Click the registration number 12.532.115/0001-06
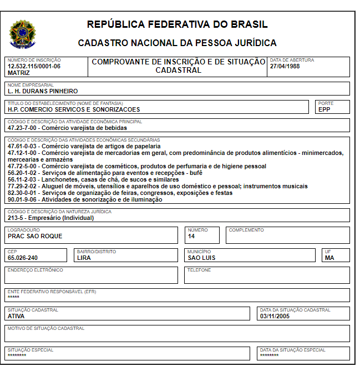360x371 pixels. pyautogui.click(x=34, y=66)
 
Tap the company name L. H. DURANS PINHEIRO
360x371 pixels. pyautogui.click(x=43, y=91)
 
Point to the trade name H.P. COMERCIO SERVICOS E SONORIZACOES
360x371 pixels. pyautogui.click(x=74, y=109)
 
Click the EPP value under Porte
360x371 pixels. pyautogui.click(x=324, y=109)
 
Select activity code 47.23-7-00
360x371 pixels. pyautogui.click(x=23, y=128)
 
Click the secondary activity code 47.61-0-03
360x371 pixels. pyautogui.click(x=23, y=146)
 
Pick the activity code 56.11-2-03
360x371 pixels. pyautogui.click(x=23, y=179)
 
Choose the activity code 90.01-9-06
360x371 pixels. pyautogui.click(x=23, y=199)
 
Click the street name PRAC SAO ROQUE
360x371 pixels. pyautogui.click(x=35, y=236)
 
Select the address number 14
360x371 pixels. pyautogui.click(x=191, y=236)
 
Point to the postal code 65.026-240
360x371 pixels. pyautogui.click(x=23, y=258)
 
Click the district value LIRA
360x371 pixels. pyautogui.click(x=84, y=258)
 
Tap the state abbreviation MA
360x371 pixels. pyautogui.click(x=329, y=258)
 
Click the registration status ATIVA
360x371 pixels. pyautogui.click(x=16, y=316)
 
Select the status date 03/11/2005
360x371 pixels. pyautogui.click(x=275, y=316)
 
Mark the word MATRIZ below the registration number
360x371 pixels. pyautogui.click(x=19, y=73)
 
